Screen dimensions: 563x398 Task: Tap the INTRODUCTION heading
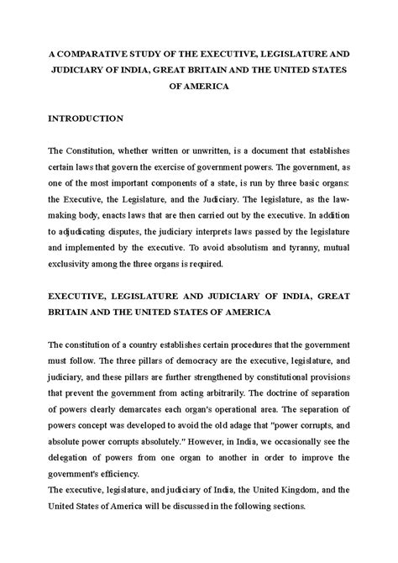pyautogui.click(x=86, y=118)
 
